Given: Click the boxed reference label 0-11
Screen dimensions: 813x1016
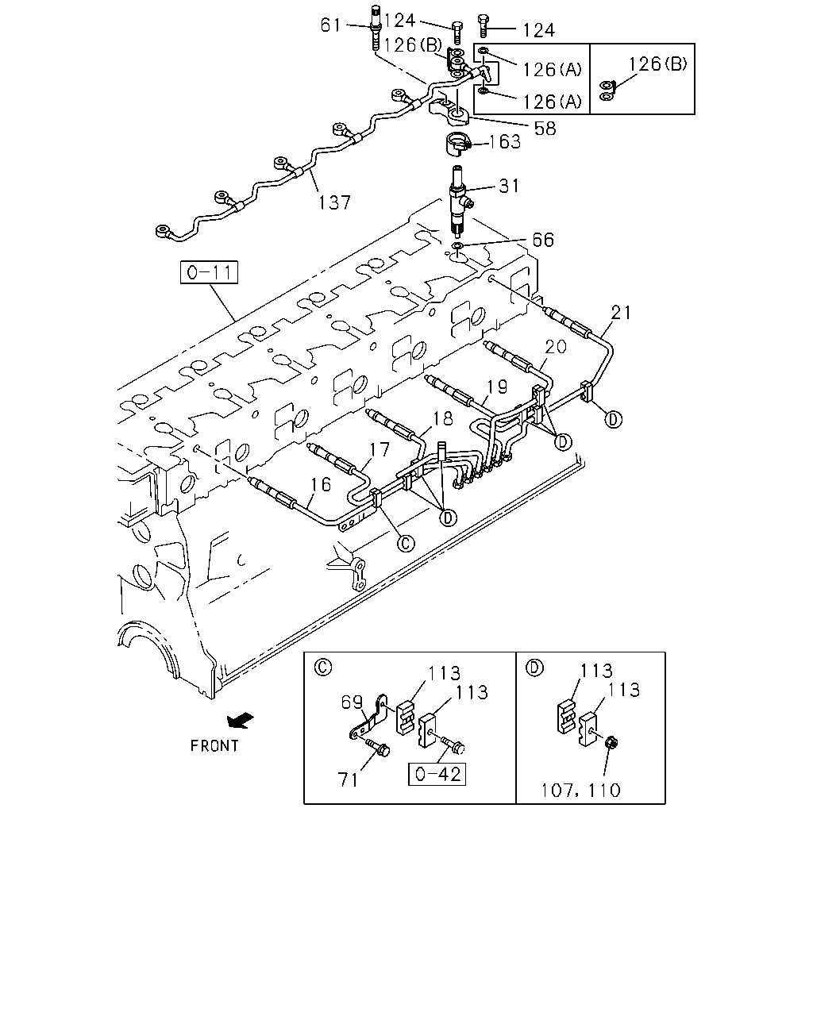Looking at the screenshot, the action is (x=209, y=272).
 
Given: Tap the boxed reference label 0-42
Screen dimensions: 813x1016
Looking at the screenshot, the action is (x=437, y=774).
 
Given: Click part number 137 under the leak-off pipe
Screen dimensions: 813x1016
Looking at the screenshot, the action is (x=334, y=203).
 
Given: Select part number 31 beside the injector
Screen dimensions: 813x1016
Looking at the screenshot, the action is (x=509, y=186).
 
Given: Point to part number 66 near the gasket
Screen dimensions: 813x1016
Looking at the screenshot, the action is (x=543, y=240).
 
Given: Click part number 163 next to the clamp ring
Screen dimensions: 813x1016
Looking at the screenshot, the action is (x=504, y=141).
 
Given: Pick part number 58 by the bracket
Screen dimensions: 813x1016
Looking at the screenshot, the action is (x=545, y=129).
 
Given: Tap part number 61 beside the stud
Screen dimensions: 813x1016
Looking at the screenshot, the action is (x=330, y=25).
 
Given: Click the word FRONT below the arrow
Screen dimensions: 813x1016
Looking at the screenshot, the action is (x=214, y=746).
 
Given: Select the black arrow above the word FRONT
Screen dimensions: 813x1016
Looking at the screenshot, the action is (x=240, y=721).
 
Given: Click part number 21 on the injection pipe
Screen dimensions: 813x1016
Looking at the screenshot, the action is (x=621, y=313).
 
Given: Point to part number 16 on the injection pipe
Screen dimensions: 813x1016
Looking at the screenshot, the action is (x=320, y=484).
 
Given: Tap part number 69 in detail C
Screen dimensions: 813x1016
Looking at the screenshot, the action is (x=352, y=702).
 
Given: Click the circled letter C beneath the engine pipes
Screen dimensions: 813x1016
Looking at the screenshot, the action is (x=406, y=544).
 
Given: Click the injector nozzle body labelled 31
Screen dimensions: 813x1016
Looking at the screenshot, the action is (x=458, y=202).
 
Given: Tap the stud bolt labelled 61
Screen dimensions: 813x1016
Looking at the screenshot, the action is (x=376, y=27).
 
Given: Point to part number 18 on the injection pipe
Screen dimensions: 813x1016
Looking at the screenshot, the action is (x=443, y=418).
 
